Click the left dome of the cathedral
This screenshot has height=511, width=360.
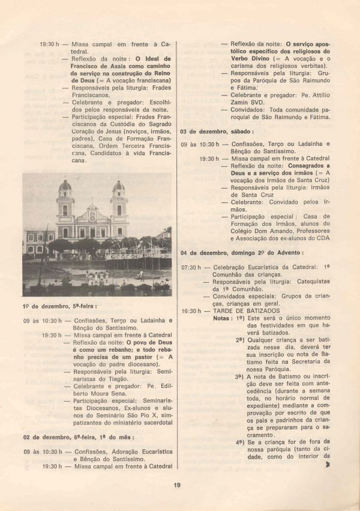pyautogui.click(x=65, y=186)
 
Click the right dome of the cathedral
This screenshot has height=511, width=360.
pyautogui.click(x=119, y=186)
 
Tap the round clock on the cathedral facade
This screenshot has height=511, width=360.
pyautogui.click(x=92, y=210)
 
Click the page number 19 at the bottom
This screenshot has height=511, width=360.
pyautogui.click(x=176, y=486)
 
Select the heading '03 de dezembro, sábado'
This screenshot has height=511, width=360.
pyautogui.click(x=217, y=130)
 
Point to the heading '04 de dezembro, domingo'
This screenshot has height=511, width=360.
pyautogui.click(x=242, y=253)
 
